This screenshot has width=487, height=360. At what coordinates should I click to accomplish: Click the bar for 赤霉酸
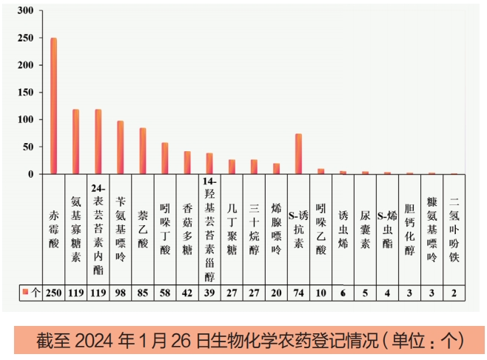tap(53, 106)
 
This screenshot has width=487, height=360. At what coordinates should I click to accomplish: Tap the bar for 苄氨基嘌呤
tap(120, 147)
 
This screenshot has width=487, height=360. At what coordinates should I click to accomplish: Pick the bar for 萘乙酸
tap(142, 151)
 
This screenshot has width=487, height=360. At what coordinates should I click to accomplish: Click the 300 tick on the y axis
tap(25, 11)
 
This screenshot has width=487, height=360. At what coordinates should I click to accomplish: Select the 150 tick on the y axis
tap(25, 93)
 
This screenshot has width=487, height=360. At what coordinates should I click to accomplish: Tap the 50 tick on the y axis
tap(28, 147)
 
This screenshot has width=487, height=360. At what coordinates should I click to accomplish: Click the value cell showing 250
tap(53, 293)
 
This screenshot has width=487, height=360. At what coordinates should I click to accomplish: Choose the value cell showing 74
tap(298, 293)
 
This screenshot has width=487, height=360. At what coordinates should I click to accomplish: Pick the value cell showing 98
tap(120, 293)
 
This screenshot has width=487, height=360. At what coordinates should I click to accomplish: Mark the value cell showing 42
tap(187, 293)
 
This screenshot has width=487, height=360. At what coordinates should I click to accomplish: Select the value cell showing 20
tap(276, 293)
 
